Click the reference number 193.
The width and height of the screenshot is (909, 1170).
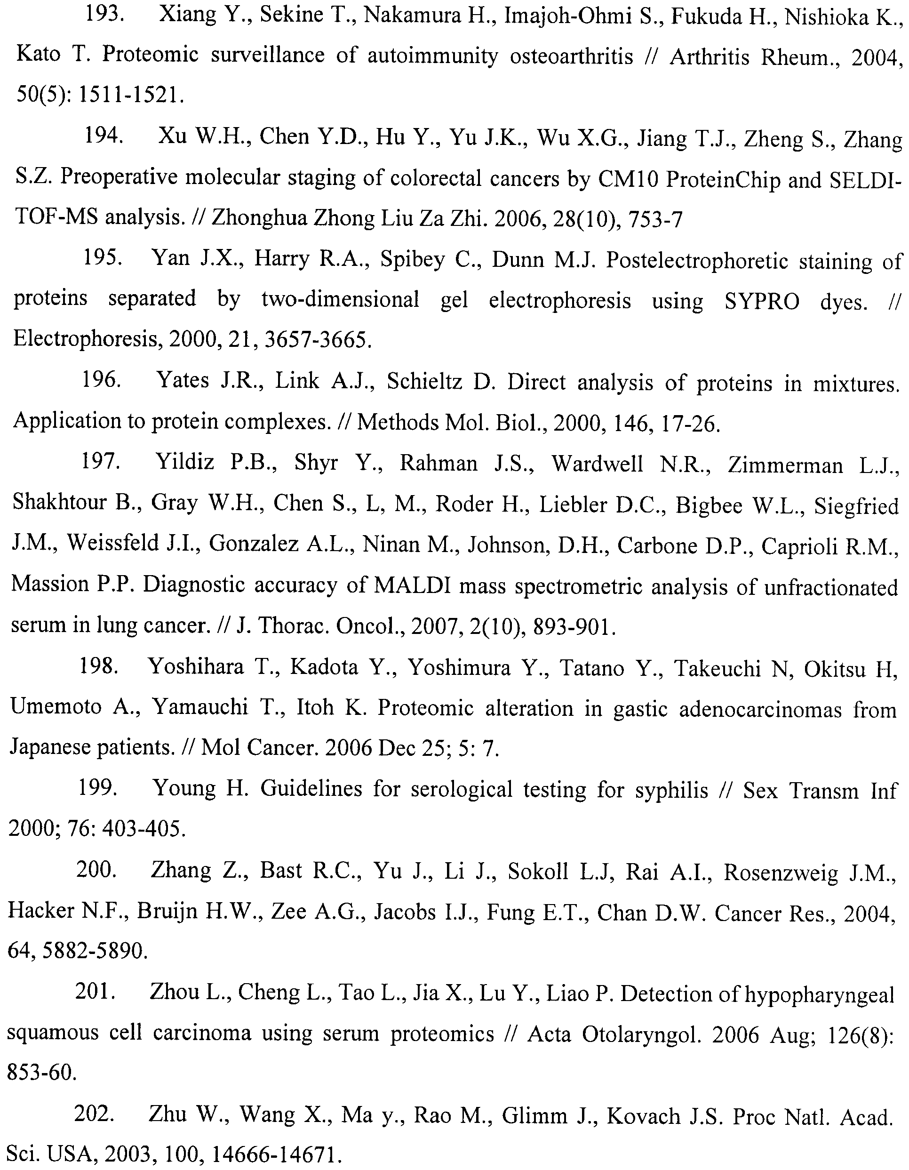(105, 15)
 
